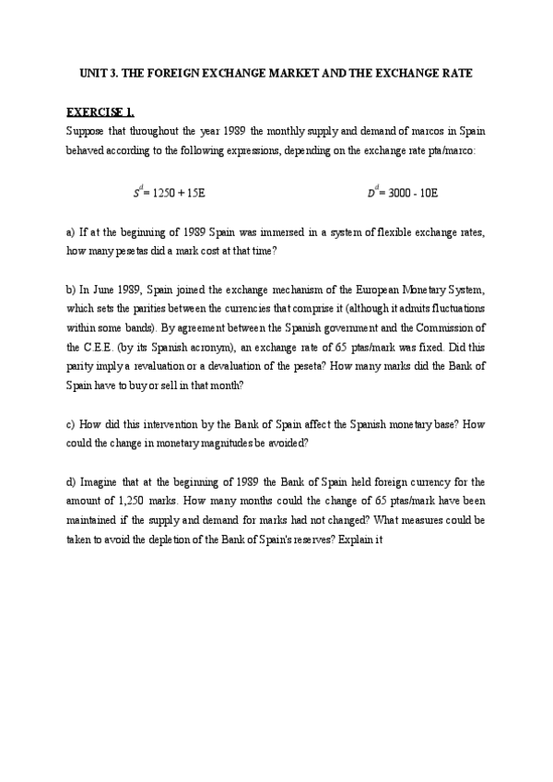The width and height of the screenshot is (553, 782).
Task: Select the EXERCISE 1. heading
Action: pyautogui.click(x=100, y=113)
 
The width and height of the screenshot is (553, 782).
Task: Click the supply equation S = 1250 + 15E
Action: pyautogui.click(x=168, y=193)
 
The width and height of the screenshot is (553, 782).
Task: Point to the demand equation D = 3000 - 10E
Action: pyautogui.click(x=403, y=193)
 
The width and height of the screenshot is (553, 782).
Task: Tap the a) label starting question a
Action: pyautogui.click(x=71, y=231)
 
